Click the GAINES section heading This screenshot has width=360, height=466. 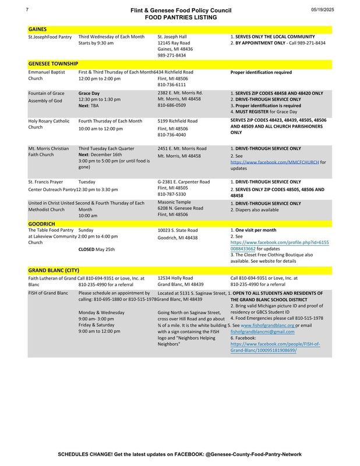tap(38, 29)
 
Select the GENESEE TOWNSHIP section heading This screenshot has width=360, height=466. tap(53, 63)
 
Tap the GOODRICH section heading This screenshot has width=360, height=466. tap(41, 223)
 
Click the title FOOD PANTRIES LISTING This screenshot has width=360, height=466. tap(181, 18)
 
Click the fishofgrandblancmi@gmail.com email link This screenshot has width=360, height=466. tap(259, 331)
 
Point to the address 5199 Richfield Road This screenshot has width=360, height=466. tap(178, 121)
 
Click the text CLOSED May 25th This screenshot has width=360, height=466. tap(97, 249)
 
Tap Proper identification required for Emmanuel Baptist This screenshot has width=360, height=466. tap(262, 73)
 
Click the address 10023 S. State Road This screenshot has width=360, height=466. tap(178, 231)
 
